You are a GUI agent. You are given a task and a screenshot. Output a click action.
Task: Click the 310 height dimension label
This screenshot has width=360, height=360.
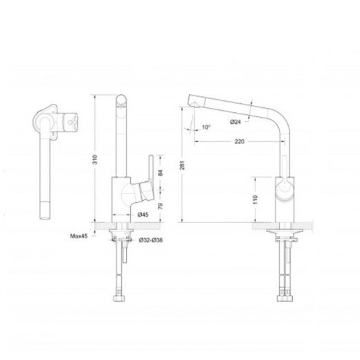[x=95, y=159]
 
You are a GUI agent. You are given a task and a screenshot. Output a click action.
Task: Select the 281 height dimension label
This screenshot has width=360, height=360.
[x=182, y=165]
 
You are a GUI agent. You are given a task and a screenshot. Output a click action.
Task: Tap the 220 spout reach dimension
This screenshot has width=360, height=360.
[x=240, y=141]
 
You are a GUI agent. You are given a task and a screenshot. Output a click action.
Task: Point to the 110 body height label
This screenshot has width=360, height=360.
[x=255, y=199]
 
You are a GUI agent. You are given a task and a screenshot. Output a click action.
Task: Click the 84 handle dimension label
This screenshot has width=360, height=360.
[x=161, y=172]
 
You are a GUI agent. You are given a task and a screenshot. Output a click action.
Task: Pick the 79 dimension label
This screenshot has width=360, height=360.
[x=161, y=206]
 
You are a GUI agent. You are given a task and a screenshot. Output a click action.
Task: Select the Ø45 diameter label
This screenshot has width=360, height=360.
[x=143, y=215]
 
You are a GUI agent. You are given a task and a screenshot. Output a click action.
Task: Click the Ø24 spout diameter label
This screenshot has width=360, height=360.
[x=235, y=122]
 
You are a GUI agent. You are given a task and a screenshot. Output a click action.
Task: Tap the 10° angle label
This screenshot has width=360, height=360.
[x=206, y=127]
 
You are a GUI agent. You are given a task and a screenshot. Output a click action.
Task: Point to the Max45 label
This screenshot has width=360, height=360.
[x=79, y=236]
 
